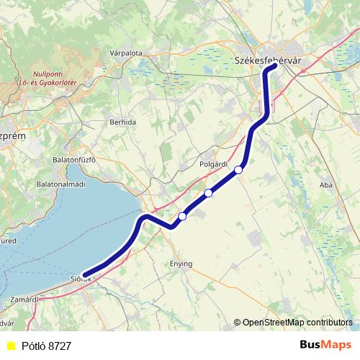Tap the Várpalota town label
[126, 53]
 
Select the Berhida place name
[122, 122]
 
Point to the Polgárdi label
[213, 163]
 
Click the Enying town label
[181, 264]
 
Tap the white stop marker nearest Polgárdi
[238, 170]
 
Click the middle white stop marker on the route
[209, 192]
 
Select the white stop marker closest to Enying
[182, 216]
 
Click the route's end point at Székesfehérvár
[274, 68]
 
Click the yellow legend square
[11, 346]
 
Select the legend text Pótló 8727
[46, 346]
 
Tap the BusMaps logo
[325, 346]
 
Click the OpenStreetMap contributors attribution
[297, 323]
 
